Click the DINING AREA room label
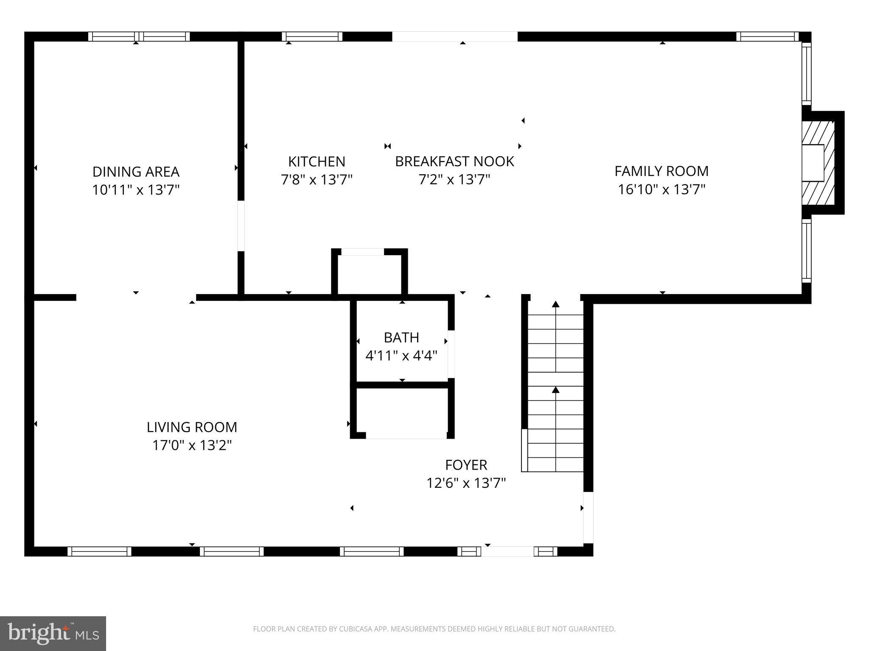coord(136,172)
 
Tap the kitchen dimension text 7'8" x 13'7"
coord(317,180)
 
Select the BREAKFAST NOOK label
coord(454,161)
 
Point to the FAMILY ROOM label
coord(662,171)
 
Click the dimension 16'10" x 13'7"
coord(662,189)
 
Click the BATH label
coord(401,337)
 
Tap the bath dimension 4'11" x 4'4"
coord(401,356)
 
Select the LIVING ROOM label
coord(192,427)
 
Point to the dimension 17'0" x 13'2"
coord(192,445)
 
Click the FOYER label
coord(466,465)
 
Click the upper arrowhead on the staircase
coord(555,304)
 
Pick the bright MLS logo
coord(53,634)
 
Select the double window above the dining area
coord(139,37)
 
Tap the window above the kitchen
coord(312,37)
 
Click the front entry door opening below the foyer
coord(507,551)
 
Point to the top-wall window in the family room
coord(767,37)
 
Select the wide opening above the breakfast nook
coord(454,37)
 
